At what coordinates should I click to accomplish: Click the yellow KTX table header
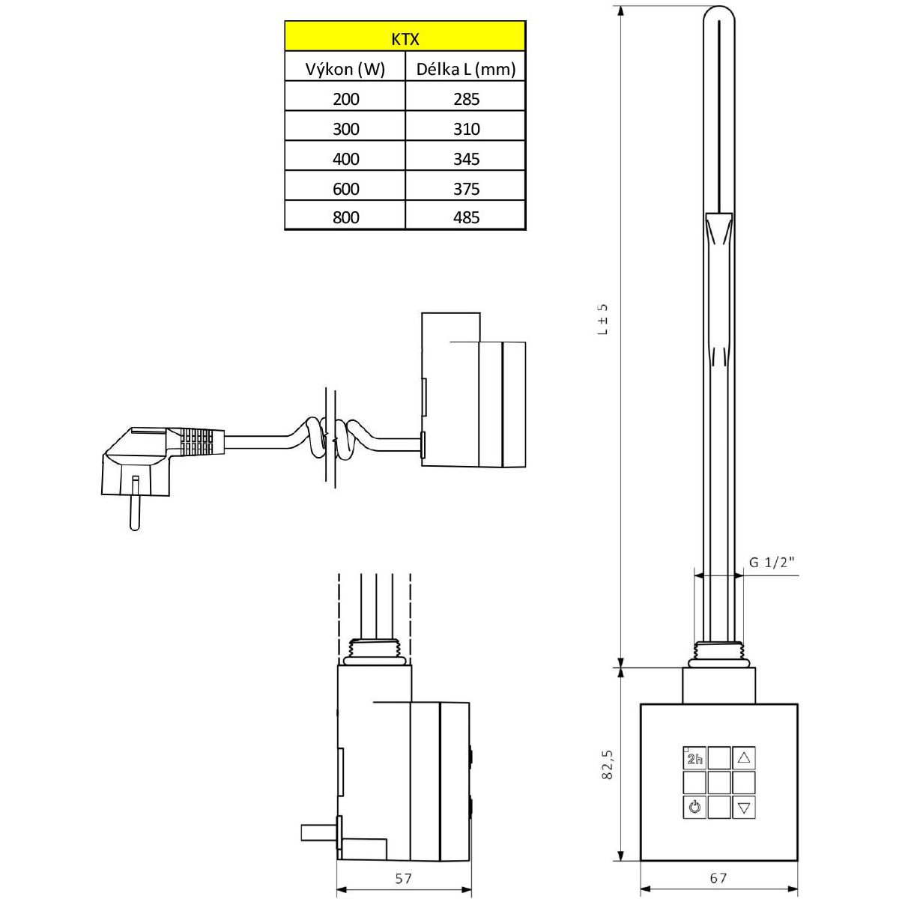[405, 37]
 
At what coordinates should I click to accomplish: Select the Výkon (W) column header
[345, 70]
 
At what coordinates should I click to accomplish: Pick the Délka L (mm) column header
[465, 70]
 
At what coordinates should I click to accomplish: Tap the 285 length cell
[465, 99]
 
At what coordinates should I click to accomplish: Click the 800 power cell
[345, 217]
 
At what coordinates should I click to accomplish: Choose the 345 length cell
[465, 159]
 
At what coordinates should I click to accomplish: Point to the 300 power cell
[345, 129]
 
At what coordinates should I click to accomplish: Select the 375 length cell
[465, 189]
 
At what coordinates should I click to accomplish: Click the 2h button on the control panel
[694, 757]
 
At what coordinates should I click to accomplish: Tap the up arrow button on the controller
[743, 757]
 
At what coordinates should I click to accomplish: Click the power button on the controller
[694, 807]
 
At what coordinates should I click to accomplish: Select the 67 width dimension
[718, 878]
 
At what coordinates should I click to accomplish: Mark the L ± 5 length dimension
[604, 318]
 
